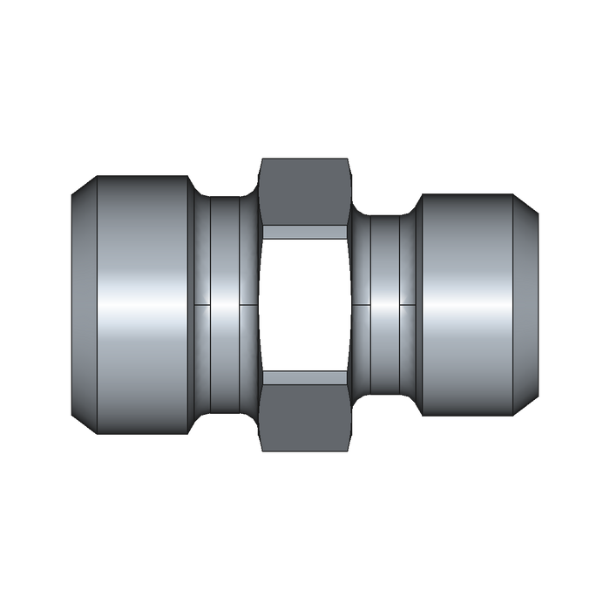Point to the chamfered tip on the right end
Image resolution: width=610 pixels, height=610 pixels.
point(526,305)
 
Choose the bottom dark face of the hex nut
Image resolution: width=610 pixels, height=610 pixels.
point(305,418)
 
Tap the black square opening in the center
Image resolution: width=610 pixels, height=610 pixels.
point(305,305)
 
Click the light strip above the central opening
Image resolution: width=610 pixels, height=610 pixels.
point(305,232)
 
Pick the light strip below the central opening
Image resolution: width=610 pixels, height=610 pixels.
point(305,377)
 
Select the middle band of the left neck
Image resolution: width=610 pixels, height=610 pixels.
point(225,261)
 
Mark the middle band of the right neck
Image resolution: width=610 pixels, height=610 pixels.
point(385,261)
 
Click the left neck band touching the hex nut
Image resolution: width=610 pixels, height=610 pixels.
point(248,261)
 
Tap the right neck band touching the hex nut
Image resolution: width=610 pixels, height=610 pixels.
point(361,261)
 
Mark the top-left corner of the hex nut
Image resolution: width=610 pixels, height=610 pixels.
point(261,159)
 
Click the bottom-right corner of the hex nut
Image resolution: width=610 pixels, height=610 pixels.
point(349,450)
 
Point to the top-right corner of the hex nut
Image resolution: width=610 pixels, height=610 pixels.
point(349,159)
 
